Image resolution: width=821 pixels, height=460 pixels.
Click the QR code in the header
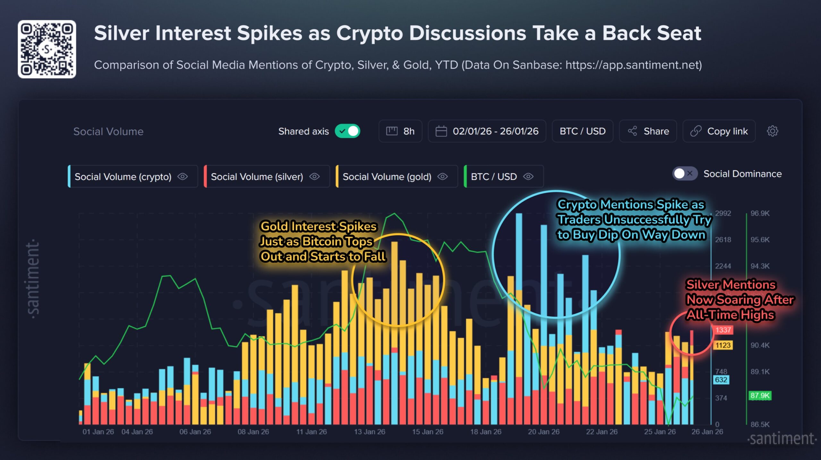pos(47,49)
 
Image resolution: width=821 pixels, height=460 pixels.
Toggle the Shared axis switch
pos(348,131)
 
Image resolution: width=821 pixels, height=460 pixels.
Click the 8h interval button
pos(400,131)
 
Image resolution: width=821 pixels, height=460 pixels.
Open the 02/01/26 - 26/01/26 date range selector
pos(487,131)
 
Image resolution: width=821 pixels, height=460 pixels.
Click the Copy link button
pos(719,131)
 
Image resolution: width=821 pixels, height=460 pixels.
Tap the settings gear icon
pos(772,131)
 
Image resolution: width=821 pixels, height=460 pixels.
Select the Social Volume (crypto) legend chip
pos(133,177)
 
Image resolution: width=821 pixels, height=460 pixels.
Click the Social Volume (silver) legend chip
pos(267,177)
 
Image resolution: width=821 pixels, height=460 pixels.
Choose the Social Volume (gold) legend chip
pos(396,177)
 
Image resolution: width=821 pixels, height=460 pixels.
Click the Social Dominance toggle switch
pos(684,174)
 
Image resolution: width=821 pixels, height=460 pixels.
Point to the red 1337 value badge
pos(723,330)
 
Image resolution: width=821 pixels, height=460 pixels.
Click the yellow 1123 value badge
pos(723,345)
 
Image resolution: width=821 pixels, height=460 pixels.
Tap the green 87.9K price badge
pos(760,396)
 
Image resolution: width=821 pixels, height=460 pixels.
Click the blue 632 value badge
pos(721,380)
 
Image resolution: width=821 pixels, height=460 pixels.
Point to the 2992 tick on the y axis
pos(723,213)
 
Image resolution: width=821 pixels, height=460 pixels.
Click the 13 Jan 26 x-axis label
pos(369,432)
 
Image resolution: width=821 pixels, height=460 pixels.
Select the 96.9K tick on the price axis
pos(760,213)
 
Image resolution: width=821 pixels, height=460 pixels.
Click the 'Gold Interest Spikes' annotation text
pos(318,226)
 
